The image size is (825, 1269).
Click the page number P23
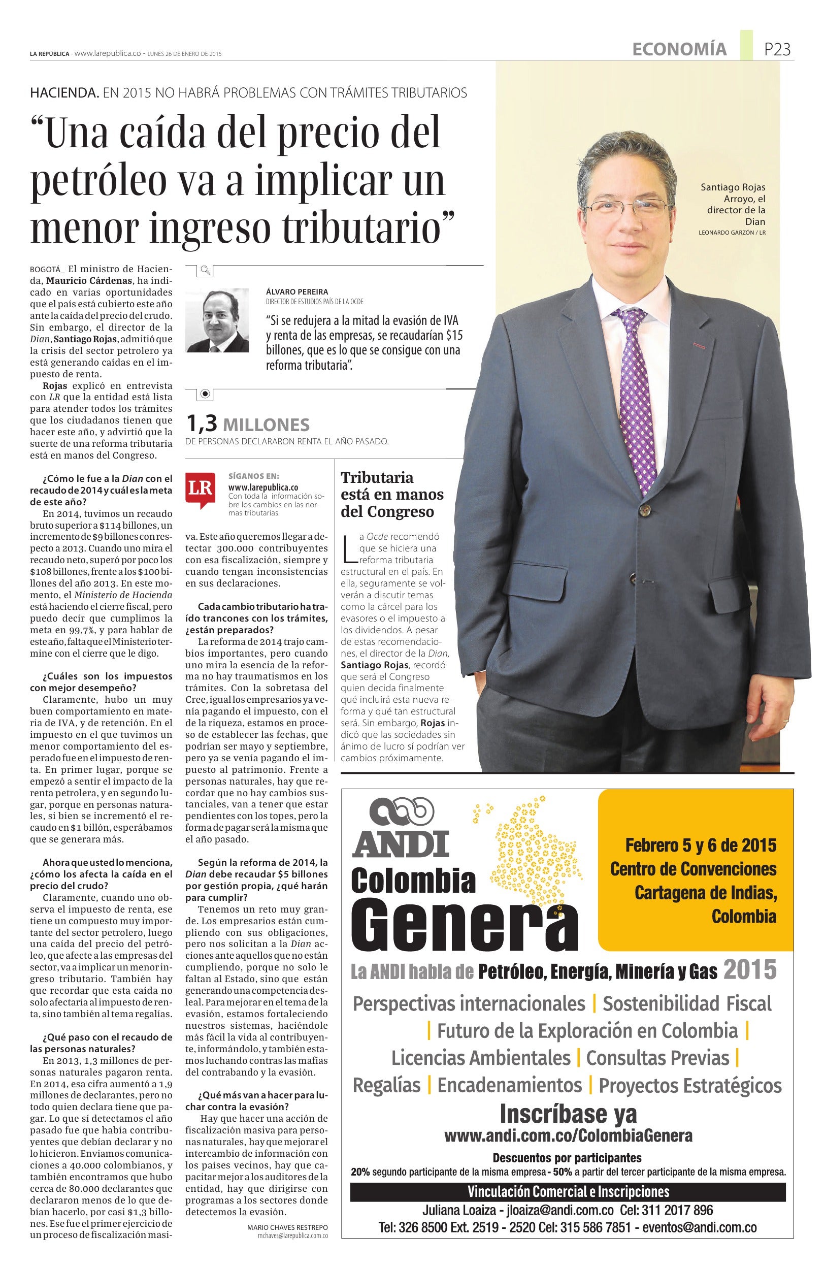coord(777,50)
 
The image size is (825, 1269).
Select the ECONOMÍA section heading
coord(679,50)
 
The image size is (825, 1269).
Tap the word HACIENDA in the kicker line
coord(64,93)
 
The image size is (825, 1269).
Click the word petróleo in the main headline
coord(98,181)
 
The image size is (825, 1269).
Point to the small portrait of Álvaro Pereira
coord(217,320)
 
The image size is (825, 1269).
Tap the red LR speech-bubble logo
coord(201,487)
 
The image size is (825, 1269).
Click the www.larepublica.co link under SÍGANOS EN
coord(263,487)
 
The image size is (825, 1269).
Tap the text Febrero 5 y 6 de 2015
coord(700,845)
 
